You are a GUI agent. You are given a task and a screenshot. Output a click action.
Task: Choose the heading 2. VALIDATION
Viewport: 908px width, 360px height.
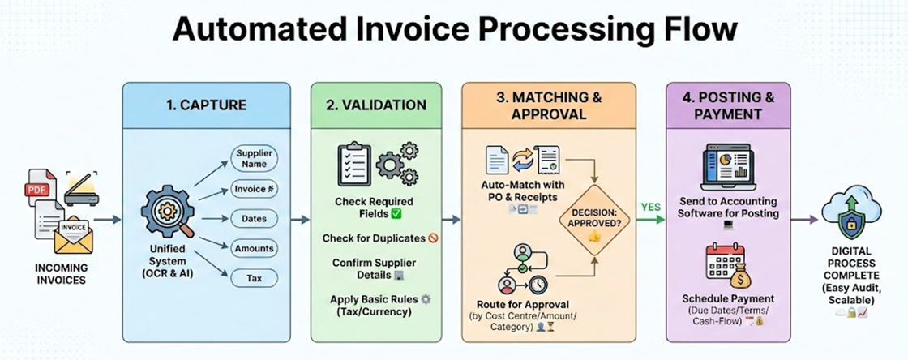point(377,105)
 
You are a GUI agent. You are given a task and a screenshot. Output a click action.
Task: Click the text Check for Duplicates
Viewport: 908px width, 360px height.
point(373,238)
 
